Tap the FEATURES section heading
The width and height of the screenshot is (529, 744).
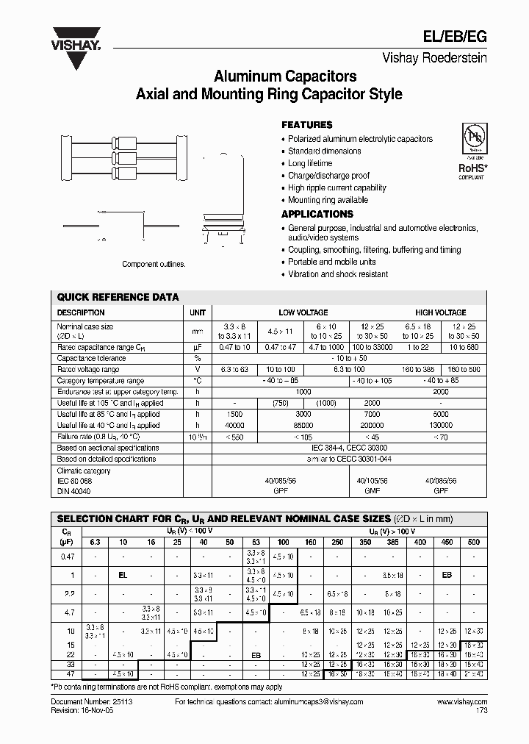point(307,125)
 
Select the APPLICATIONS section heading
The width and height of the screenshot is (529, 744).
point(317,214)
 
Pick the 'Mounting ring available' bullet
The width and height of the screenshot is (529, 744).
point(328,200)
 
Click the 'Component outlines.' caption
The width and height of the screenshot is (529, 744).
point(154,264)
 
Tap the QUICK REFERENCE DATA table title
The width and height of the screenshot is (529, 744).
point(118,297)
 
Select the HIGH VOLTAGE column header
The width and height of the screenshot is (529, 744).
point(440,312)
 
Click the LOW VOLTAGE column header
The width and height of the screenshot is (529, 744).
point(303,312)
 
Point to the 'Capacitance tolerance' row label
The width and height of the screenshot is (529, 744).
point(91,358)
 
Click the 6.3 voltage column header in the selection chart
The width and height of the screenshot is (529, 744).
point(95,542)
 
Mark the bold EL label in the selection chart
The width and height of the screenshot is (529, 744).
point(123,575)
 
